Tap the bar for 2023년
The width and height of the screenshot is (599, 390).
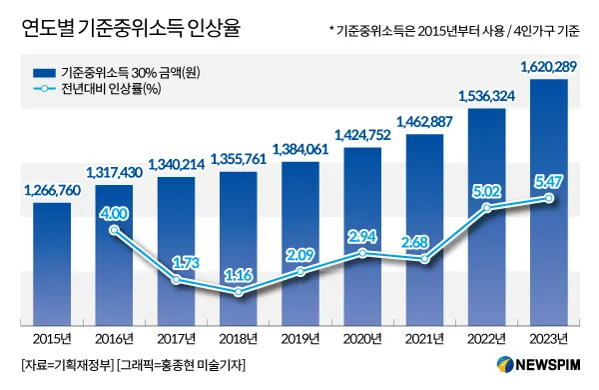[x=548, y=200]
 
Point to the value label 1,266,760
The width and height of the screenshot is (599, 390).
[x=46, y=192]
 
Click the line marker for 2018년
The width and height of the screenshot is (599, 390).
[x=239, y=293]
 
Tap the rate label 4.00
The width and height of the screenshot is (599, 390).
[x=115, y=212]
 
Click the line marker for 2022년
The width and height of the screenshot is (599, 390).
[x=486, y=208]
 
